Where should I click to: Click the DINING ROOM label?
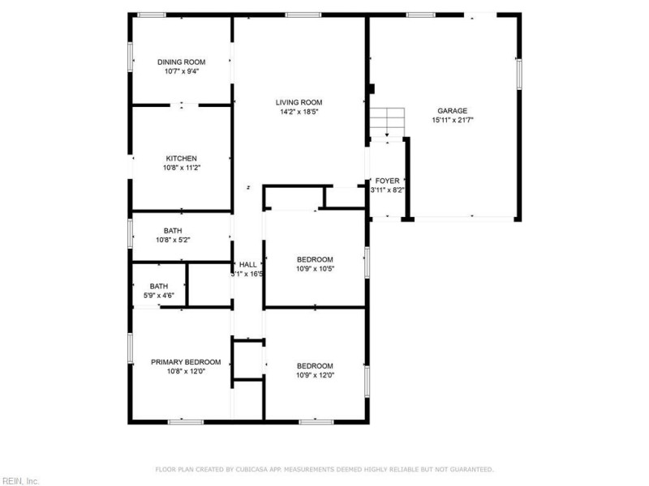click(181, 62)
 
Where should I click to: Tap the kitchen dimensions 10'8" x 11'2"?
click(181, 168)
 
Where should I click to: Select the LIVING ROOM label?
click(299, 102)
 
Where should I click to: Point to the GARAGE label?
click(452, 111)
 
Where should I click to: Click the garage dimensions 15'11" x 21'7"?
click(452, 120)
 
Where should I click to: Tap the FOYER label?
click(386, 181)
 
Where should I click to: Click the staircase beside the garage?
click(387, 122)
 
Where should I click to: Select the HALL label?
click(247, 264)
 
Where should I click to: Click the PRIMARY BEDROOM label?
click(186, 362)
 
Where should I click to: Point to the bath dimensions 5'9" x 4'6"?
click(158, 296)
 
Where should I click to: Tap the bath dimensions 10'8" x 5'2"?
click(172, 240)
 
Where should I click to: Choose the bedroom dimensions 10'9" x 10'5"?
click(315, 269)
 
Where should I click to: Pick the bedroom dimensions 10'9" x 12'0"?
click(315, 375)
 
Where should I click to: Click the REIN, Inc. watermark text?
click(20, 480)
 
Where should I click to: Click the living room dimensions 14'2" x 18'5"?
click(299, 112)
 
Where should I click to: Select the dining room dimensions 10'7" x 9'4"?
click(181, 71)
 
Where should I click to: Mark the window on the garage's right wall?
click(518, 74)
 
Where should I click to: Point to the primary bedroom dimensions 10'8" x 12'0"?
click(186, 372)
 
